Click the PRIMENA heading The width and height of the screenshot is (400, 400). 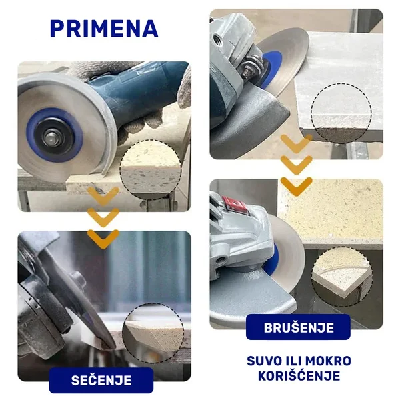click(x=104, y=28)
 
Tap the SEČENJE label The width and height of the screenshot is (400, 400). click(x=101, y=381)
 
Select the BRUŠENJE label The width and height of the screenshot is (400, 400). click(x=299, y=327)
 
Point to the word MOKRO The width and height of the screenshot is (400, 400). click(x=328, y=361)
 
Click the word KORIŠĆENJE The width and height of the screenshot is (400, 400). click(x=299, y=376)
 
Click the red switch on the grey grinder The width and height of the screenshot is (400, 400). click(x=234, y=205)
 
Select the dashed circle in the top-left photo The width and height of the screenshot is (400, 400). click(x=151, y=169)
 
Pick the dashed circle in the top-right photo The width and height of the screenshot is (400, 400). click(x=341, y=113)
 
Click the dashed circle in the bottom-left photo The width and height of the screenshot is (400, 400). click(x=153, y=333)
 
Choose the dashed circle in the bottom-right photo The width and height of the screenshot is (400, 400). click(x=342, y=277)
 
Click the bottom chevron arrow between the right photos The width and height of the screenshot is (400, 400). click(x=297, y=186)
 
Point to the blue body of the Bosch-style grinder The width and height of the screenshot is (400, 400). click(x=133, y=95)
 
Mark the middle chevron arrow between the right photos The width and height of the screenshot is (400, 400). click(x=297, y=165)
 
